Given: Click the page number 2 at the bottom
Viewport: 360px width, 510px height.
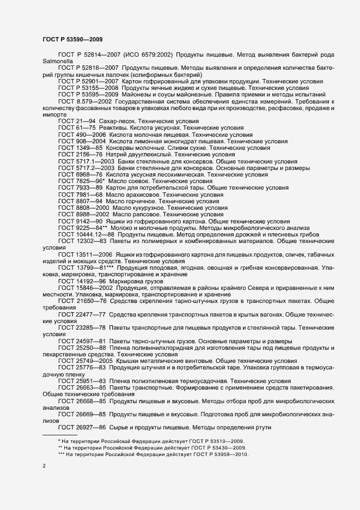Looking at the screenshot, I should tap(44, 467).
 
